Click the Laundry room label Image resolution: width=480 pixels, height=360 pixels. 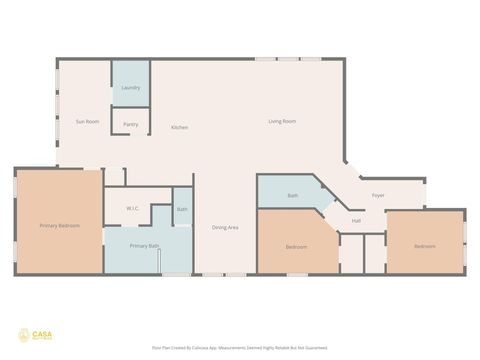tap(130, 88)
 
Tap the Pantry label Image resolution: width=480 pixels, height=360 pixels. tap(130, 124)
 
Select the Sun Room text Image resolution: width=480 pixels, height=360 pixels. tap(88, 121)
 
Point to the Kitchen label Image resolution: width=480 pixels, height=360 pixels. tap(179, 127)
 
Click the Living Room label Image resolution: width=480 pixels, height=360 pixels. tap(281, 121)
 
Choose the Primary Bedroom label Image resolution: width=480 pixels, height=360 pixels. tap(59, 226)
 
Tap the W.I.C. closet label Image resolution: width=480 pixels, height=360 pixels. tap(132, 208)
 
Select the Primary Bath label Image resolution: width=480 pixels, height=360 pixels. tap(144, 245)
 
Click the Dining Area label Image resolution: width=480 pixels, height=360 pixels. tap(224, 227)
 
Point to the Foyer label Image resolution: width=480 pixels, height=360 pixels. tap(378, 195)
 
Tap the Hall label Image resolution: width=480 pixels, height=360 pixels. tap(356, 221)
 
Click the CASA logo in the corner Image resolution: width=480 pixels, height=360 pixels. tap(31, 335)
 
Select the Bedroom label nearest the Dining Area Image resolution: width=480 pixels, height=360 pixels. tap(296, 246)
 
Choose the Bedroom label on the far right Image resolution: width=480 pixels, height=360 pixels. tap(425, 246)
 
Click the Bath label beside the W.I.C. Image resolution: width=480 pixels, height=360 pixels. tap(182, 209)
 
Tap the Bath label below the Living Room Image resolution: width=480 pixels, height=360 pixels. tap(293, 195)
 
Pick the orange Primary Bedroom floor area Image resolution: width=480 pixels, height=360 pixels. tap(59, 250)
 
